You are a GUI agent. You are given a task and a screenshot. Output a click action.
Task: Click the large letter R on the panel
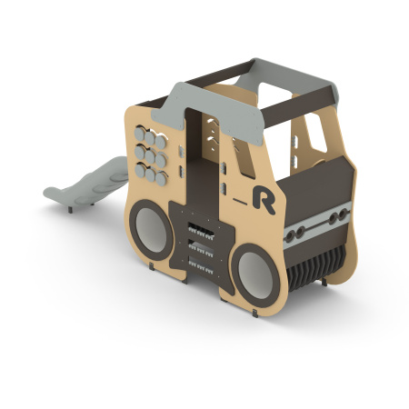click(x=263, y=200)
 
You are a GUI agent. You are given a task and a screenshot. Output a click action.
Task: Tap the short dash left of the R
click(x=240, y=201)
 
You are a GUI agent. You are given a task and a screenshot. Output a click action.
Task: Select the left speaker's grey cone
click(x=151, y=230)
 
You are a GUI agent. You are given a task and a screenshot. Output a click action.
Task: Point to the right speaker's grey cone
click(x=255, y=275)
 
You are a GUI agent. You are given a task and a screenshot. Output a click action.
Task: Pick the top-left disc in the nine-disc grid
click(x=139, y=134)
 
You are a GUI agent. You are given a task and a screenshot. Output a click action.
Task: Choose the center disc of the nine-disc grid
click(x=150, y=156)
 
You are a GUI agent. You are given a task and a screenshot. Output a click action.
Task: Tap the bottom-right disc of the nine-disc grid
click(x=161, y=179)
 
